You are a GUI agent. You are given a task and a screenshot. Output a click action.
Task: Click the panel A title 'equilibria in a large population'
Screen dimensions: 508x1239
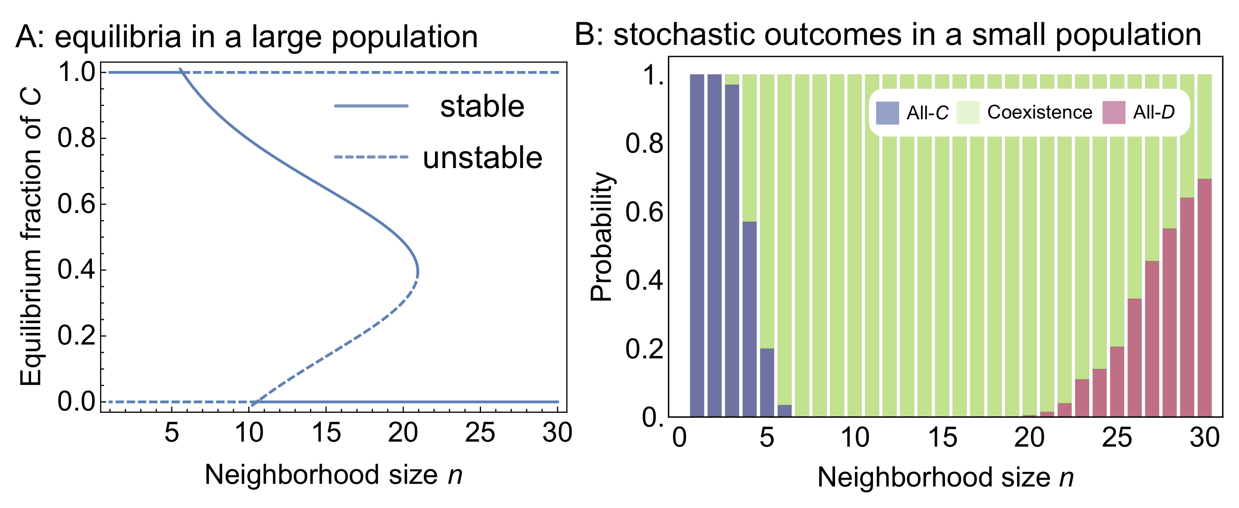coord(266,37)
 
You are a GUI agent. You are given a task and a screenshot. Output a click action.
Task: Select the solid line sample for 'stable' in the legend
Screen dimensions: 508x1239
coord(371,106)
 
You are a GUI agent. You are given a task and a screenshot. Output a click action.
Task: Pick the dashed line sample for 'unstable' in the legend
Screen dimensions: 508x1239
coord(371,157)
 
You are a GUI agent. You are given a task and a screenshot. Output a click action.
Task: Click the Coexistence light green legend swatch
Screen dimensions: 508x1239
coord(968,113)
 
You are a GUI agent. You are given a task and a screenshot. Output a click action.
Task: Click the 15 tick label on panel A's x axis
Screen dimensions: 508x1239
coord(326,432)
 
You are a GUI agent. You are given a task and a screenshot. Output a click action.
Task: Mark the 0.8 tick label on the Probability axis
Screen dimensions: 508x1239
coord(644,143)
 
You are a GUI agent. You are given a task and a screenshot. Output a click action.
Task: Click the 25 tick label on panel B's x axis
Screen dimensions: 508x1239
coord(1117,438)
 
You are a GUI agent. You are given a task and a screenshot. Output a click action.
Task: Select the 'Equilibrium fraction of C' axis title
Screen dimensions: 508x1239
coord(31,237)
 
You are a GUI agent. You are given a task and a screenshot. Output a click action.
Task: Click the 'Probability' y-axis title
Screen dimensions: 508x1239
coord(601,237)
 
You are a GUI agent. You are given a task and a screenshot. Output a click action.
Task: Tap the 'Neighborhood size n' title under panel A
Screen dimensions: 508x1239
coord(333,475)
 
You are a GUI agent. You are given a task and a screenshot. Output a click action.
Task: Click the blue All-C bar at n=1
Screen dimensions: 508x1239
coord(697,246)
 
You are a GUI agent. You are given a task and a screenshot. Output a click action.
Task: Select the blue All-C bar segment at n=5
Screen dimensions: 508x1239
coord(767,382)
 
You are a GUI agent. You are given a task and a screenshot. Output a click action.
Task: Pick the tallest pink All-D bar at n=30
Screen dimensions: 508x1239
coord(1205,298)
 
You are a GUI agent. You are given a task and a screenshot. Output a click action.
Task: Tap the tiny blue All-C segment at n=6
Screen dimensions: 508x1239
coord(784,411)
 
